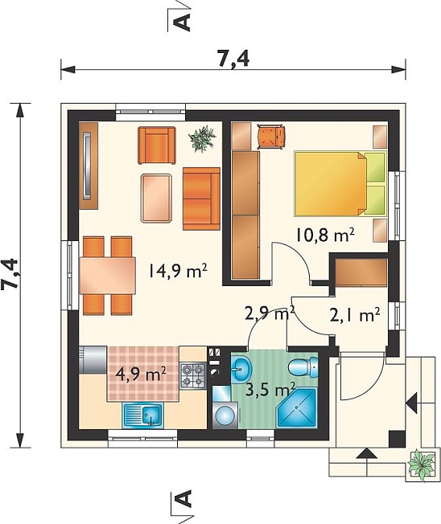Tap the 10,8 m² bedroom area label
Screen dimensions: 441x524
click(324, 235)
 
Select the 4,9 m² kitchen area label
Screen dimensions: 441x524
click(141, 375)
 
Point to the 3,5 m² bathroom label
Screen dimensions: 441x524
click(270, 389)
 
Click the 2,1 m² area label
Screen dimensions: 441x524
click(355, 314)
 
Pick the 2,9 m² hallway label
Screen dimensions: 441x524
click(270, 313)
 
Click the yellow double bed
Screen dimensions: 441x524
click(340, 183)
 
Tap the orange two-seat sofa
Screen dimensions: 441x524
click(201, 199)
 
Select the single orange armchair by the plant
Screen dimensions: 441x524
click(157, 145)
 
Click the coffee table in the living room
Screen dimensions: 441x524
click(157, 198)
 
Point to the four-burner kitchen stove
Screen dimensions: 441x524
click(192, 375)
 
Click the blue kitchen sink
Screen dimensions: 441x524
click(143, 416)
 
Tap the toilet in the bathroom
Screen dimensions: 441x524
click(303, 366)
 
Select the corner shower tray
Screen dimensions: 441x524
click(297, 407)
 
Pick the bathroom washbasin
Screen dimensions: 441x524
click(241, 368)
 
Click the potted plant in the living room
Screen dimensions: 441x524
click(202, 138)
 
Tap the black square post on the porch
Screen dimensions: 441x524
click(398, 439)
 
